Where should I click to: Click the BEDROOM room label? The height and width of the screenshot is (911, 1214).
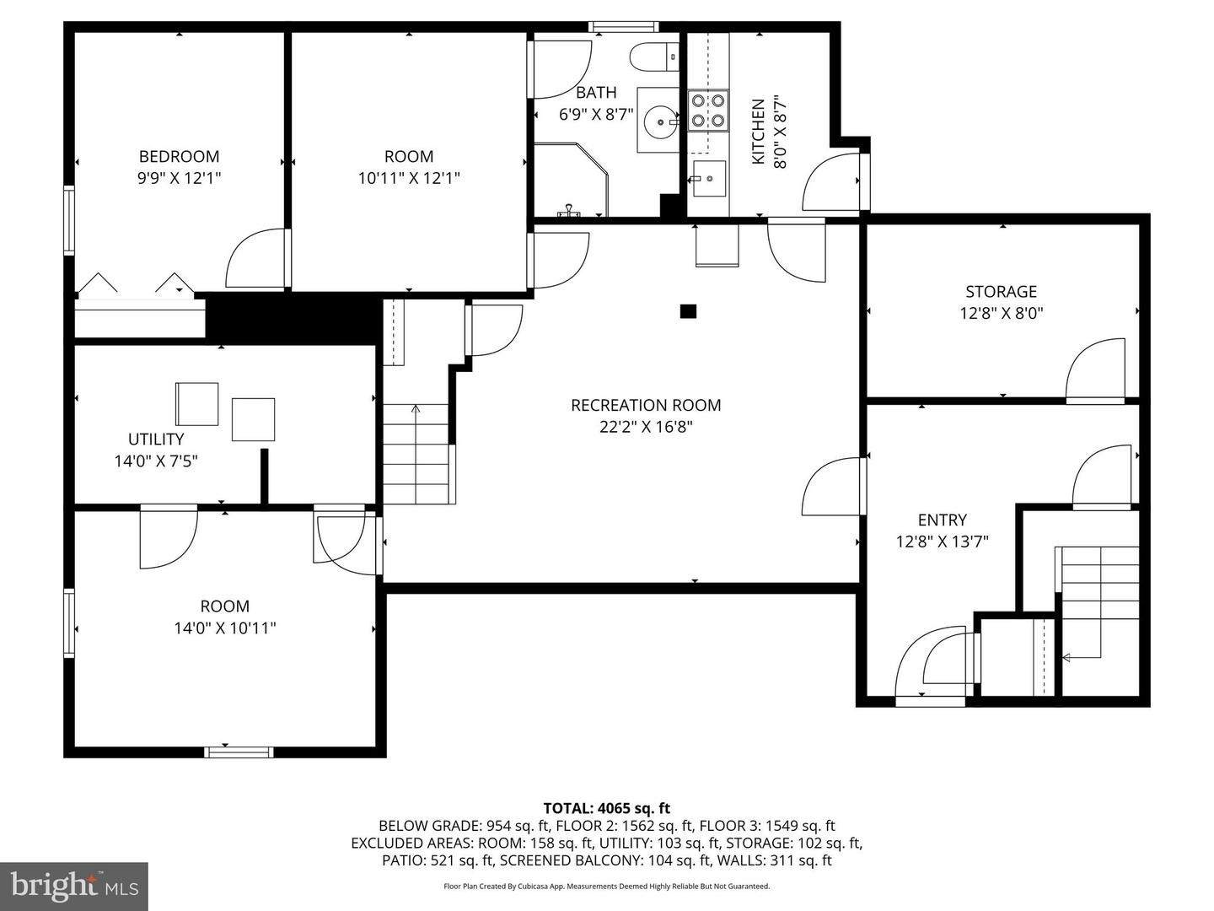point(179,156)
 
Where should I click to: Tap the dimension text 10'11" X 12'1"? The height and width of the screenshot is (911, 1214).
point(409,178)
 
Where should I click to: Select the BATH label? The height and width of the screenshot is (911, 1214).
point(596,92)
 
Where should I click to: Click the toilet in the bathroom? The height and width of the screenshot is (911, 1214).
point(653,57)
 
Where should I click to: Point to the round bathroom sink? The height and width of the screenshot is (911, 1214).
point(658,121)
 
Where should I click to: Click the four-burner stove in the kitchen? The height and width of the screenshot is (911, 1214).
point(708,111)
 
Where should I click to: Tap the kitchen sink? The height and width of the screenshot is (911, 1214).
point(707,178)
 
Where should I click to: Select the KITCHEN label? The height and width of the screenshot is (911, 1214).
point(758,132)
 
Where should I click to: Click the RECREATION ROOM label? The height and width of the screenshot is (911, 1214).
point(646,405)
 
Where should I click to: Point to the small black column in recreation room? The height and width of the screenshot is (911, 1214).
point(688,311)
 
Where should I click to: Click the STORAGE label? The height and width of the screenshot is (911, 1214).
point(1001,291)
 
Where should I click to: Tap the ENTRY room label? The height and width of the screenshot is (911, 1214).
point(942,520)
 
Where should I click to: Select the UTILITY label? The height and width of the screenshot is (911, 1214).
point(156,439)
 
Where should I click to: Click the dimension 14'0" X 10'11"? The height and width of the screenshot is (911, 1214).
point(225,628)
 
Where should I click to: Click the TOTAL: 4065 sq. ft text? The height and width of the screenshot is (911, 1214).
point(606,808)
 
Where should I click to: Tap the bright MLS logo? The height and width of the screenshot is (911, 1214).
point(73,886)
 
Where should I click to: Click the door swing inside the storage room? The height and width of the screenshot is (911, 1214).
point(1097,369)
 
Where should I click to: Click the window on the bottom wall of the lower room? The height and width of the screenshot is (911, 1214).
point(239,751)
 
